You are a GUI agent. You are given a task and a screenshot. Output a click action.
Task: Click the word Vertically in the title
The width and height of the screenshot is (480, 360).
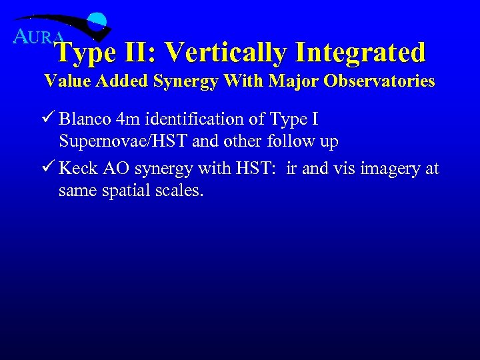(x=224, y=52)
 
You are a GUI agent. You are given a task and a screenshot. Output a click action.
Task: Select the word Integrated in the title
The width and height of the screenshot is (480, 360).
(x=360, y=52)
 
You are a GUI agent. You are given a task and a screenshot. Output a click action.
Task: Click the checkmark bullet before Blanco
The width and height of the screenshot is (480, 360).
(x=49, y=119)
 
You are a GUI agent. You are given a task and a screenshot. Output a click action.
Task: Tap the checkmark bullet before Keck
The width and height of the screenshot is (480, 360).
(x=49, y=168)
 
